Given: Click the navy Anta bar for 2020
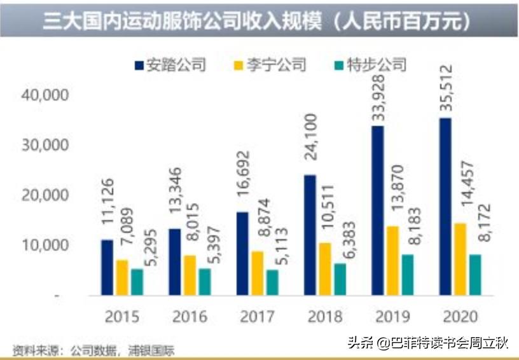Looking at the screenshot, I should coord(445,207).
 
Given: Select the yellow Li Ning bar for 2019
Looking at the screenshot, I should coord(393,261).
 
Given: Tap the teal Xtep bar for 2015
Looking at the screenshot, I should coord(137,282).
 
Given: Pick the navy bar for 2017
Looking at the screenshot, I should coord(242,254).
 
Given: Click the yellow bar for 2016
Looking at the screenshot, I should coord(190,275).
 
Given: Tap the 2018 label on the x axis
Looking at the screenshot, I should coord(324,316).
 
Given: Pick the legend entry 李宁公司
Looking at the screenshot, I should coord(270,65).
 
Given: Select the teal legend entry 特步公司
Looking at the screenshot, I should coord(370,65).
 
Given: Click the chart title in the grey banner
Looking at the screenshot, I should coord(257,22).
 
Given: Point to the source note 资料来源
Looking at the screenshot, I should coord(93,350).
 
